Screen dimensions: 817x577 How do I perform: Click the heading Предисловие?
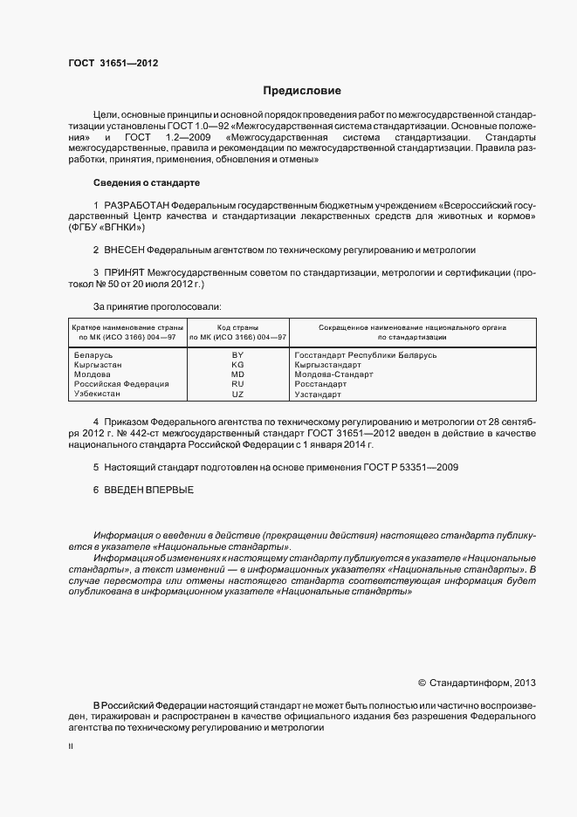click(302, 91)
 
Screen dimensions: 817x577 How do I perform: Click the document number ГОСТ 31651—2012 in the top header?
click(113, 63)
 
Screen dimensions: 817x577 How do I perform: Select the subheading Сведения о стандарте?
click(147, 182)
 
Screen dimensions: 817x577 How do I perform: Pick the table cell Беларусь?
click(94, 355)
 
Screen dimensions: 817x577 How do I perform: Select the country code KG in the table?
click(237, 365)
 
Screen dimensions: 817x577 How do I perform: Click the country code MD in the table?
click(237, 374)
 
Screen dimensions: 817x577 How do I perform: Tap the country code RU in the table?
click(237, 384)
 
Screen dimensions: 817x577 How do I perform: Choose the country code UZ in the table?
click(237, 395)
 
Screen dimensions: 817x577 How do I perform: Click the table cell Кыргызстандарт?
click(327, 365)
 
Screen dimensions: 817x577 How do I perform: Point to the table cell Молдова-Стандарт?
click(333, 374)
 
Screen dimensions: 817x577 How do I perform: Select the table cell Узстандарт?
click(320, 395)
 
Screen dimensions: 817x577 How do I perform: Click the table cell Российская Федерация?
click(121, 384)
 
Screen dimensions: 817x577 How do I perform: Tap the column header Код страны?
click(237, 326)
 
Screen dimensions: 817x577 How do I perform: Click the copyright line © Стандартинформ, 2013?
click(477, 683)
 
